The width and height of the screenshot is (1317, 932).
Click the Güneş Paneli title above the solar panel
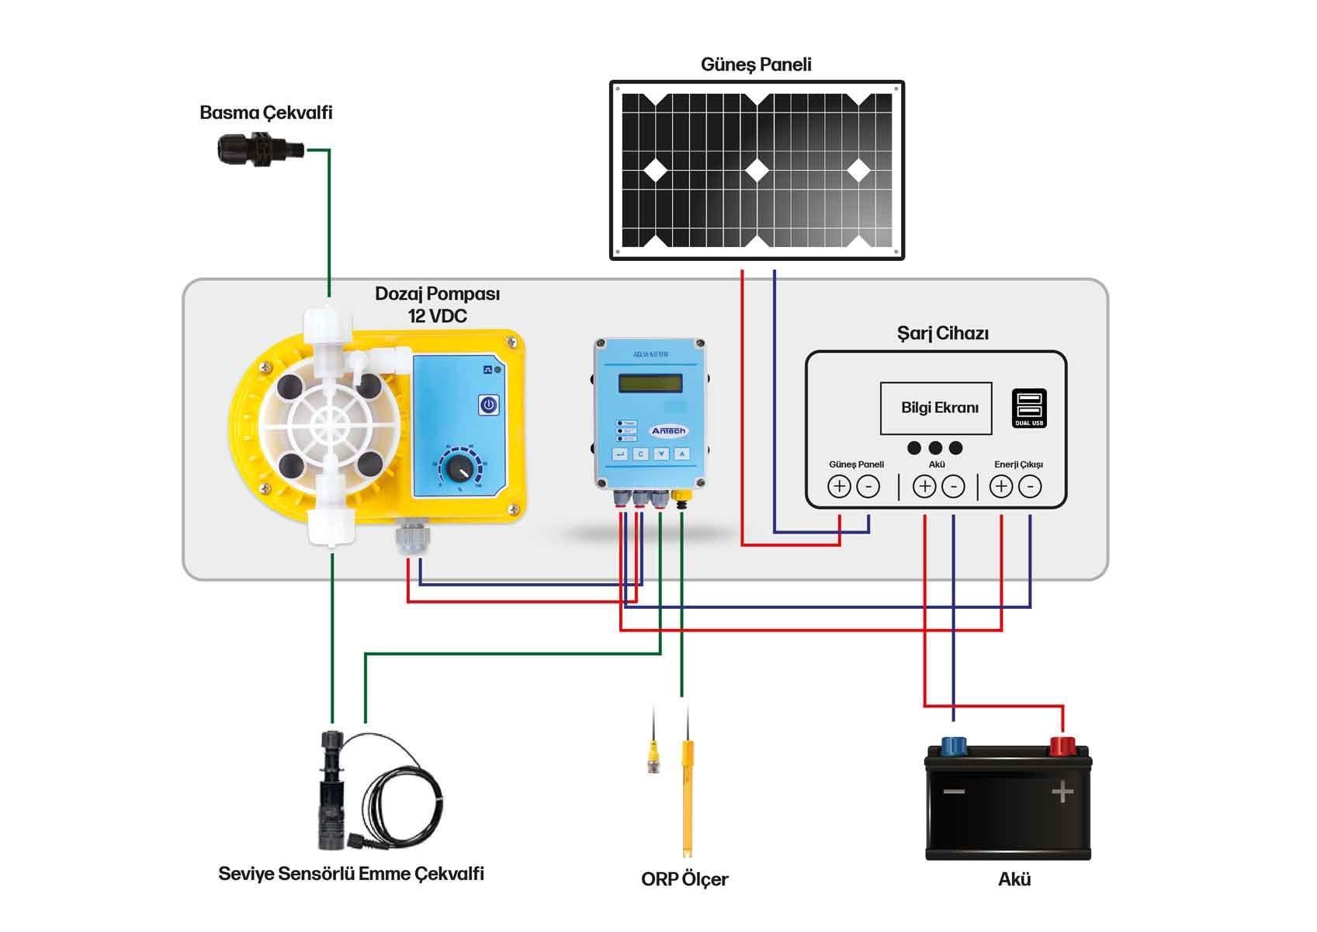[756, 64]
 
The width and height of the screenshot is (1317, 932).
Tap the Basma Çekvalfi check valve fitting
[257, 148]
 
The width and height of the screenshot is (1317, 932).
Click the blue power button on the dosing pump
[488, 405]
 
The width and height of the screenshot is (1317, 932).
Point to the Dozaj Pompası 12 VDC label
[437, 304]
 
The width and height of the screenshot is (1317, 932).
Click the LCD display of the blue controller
[650, 383]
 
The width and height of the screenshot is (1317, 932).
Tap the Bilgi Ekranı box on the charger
[936, 408]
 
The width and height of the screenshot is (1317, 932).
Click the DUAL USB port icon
[1029, 408]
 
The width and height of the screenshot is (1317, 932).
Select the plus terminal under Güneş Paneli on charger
[839, 486]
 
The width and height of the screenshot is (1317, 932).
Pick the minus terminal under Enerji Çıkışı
[1029, 486]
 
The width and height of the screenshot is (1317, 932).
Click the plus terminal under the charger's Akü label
[924, 486]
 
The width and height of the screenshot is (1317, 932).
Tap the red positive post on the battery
[1061, 746]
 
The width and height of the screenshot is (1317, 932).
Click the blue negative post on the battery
[953, 746]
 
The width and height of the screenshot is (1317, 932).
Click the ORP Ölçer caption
[684, 879]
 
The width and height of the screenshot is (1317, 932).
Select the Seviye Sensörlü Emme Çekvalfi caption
[351, 874]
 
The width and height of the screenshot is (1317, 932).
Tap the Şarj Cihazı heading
[942, 334]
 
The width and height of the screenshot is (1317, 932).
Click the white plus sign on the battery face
[1062, 792]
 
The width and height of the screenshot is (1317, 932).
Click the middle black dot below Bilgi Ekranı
[935, 448]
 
